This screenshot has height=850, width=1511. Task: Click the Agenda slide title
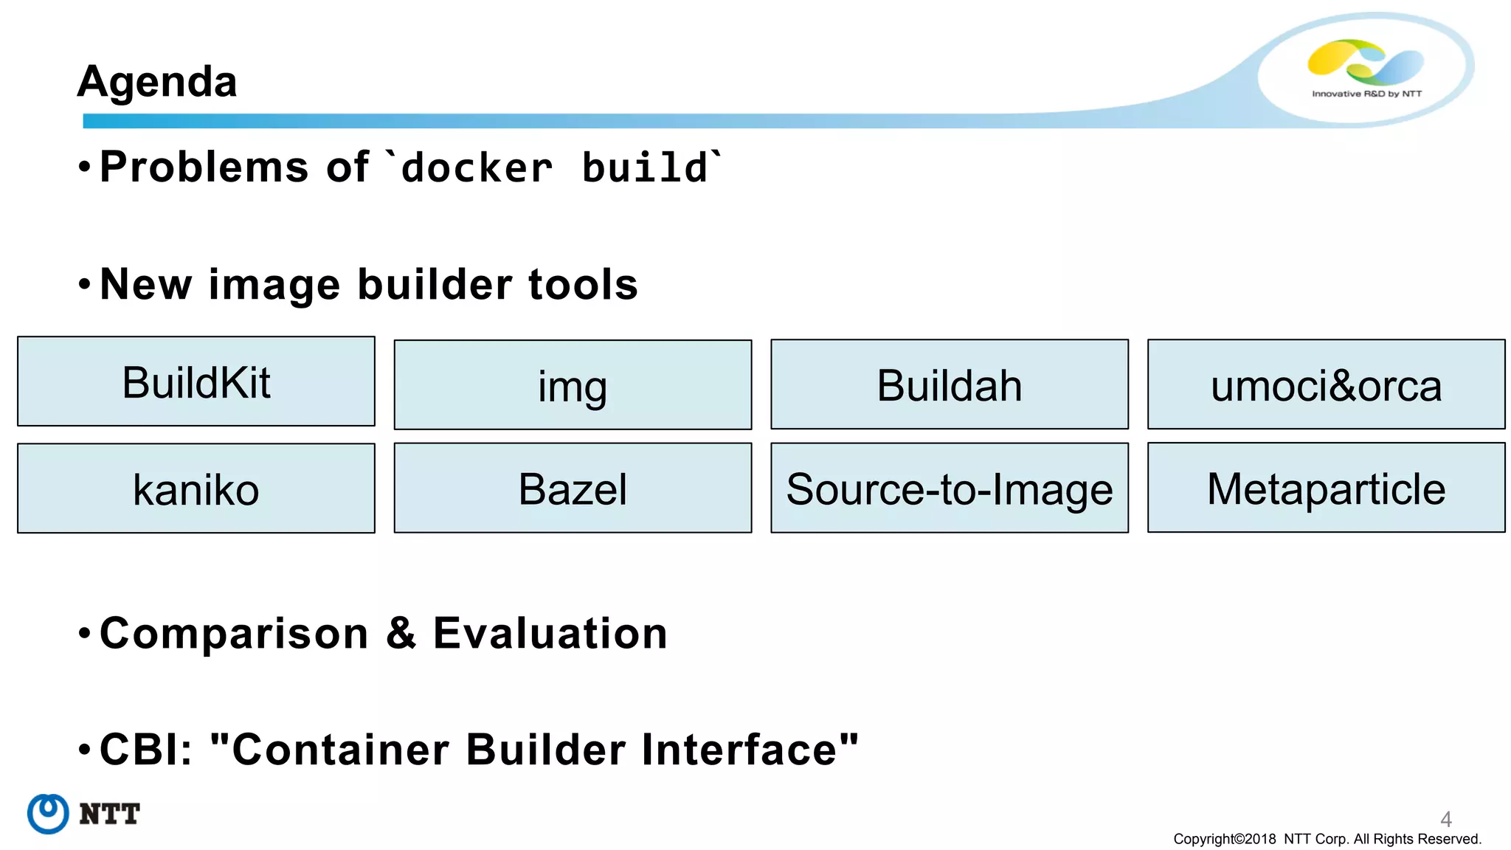(157, 81)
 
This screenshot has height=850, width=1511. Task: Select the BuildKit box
(196, 381)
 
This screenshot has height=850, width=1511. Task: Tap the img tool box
(573, 385)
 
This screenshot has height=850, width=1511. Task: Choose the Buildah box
(950, 384)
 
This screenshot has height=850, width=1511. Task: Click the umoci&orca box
(1326, 384)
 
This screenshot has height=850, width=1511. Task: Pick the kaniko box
(196, 488)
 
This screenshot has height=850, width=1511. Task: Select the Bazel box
(573, 488)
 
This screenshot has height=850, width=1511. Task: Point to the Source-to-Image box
(950, 488)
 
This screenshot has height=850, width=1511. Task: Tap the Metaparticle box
(1326, 488)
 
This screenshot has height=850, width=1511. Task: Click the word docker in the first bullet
(477, 168)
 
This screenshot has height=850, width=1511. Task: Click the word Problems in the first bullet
(204, 167)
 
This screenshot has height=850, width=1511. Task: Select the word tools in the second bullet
(583, 285)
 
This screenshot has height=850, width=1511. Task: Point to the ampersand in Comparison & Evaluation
(401, 633)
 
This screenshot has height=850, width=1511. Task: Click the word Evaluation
(550, 633)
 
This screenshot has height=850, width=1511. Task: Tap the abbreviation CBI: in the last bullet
(146, 750)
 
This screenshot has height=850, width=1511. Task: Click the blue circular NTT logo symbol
(48, 814)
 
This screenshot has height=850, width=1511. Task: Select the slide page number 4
(1446, 818)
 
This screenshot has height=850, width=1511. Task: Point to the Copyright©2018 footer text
(1225, 839)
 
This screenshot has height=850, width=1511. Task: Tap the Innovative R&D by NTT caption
(1366, 94)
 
